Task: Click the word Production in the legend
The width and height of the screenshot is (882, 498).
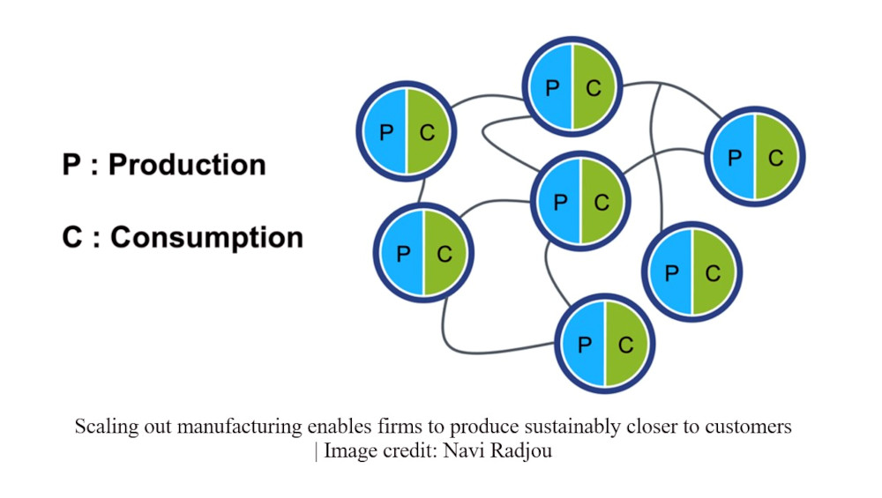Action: [x=187, y=165]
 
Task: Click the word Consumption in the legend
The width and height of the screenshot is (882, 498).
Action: [x=206, y=236]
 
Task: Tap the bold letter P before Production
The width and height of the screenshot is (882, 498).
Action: [x=71, y=165]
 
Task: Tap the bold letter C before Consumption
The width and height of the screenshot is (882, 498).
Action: [x=72, y=236]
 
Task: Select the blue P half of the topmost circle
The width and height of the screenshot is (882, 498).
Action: [x=550, y=87]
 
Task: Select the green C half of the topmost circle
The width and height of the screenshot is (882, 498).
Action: [x=594, y=87]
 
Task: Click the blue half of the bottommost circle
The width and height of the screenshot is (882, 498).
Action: [x=582, y=344]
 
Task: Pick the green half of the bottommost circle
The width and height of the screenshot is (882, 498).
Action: [x=626, y=344]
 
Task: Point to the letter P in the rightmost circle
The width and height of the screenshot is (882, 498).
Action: [x=734, y=158]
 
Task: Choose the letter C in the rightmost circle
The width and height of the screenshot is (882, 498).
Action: [x=776, y=158]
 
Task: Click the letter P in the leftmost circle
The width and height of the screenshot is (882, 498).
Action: [x=386, y=132]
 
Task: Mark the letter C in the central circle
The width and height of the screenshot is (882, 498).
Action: [x=602, y=203]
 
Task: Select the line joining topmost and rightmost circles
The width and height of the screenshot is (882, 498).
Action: [x=675, y=91]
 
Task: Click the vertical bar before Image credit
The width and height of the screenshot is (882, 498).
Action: [x=316, y=451]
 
